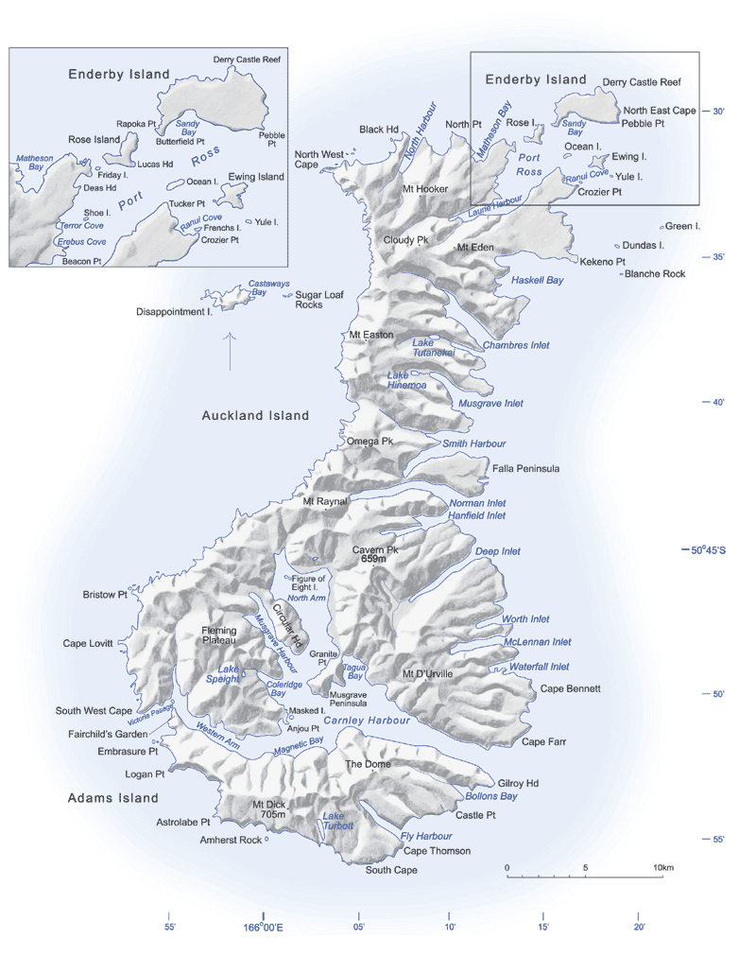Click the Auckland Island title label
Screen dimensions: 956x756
click(x=255, y=415)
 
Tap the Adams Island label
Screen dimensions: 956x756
click(x=113, y=798)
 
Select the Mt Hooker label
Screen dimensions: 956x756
click(x=425, y=189)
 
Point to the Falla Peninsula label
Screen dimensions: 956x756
click(x=526, y=468)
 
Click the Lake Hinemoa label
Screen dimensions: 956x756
click(x=406, y=379)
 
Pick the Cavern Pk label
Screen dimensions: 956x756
click(x=375, y=549)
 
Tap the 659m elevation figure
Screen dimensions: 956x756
click(x=374, y=560)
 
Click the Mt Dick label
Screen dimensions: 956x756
click(x=269, y=805)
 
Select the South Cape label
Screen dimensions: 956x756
click(x=391, y=870)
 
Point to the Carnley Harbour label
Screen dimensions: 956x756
click(x=367, y=721)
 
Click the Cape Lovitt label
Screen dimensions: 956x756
click(x=88, y=644)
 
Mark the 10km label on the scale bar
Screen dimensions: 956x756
click(x=662, y=867)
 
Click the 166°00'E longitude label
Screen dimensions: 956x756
click(x=263, y=928)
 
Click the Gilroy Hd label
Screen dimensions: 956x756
click(x=518, y=783)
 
